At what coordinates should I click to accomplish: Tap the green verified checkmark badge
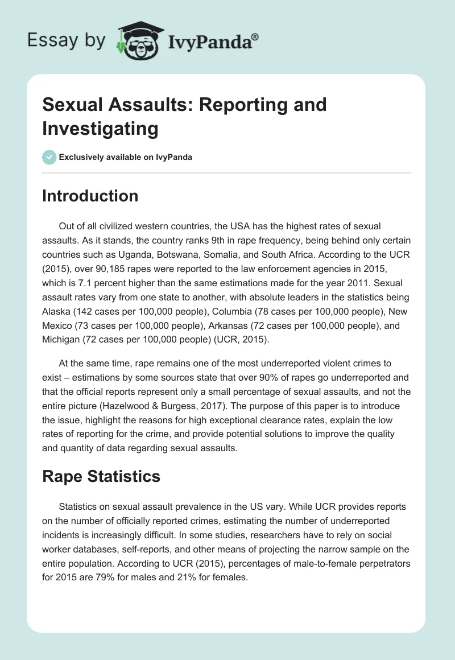[x=49, y=157]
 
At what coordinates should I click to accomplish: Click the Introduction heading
[x=90, y=196]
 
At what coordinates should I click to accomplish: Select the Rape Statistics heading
[x=101, y=476]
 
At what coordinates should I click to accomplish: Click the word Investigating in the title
[x=100, y=128]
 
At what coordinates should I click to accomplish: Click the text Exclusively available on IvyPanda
[x=125, y=157]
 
